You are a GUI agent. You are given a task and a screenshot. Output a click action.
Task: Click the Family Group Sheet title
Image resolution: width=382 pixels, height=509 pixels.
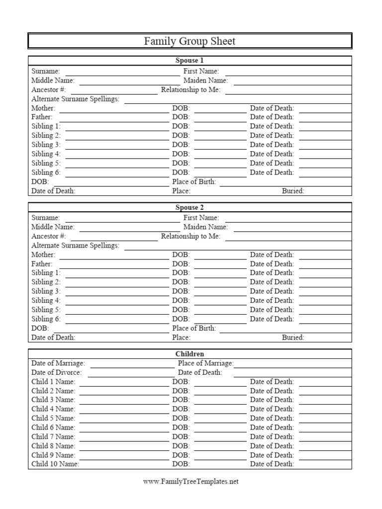pos(190,41)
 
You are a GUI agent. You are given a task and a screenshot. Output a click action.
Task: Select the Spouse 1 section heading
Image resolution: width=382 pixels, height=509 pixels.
pos(190,61)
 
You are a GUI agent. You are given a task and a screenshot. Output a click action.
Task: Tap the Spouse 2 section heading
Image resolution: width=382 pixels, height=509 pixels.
pos(190,207)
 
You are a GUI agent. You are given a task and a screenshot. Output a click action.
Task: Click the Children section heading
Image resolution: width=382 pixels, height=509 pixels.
pos(190,354)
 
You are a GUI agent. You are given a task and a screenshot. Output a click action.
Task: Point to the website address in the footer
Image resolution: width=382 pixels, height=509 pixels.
pos(191,482)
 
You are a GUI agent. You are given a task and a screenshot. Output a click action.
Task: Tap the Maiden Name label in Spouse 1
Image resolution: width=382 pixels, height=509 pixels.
pos(205,80)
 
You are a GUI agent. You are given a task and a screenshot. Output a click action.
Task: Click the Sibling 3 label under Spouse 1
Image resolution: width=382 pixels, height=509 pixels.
pos(46,145)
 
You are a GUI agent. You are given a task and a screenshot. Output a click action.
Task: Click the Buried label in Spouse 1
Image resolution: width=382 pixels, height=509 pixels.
pos(293,191)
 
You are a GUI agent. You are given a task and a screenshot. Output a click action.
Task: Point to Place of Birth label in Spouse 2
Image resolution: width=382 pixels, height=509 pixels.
pos(194,328)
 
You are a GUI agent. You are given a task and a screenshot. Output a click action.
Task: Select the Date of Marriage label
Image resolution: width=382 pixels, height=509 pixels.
pos(58,363)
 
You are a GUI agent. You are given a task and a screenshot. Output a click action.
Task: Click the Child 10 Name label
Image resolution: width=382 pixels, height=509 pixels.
pos(55,464)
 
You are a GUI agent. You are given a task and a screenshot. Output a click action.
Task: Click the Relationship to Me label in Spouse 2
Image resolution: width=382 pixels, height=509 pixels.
pos(191,236)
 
